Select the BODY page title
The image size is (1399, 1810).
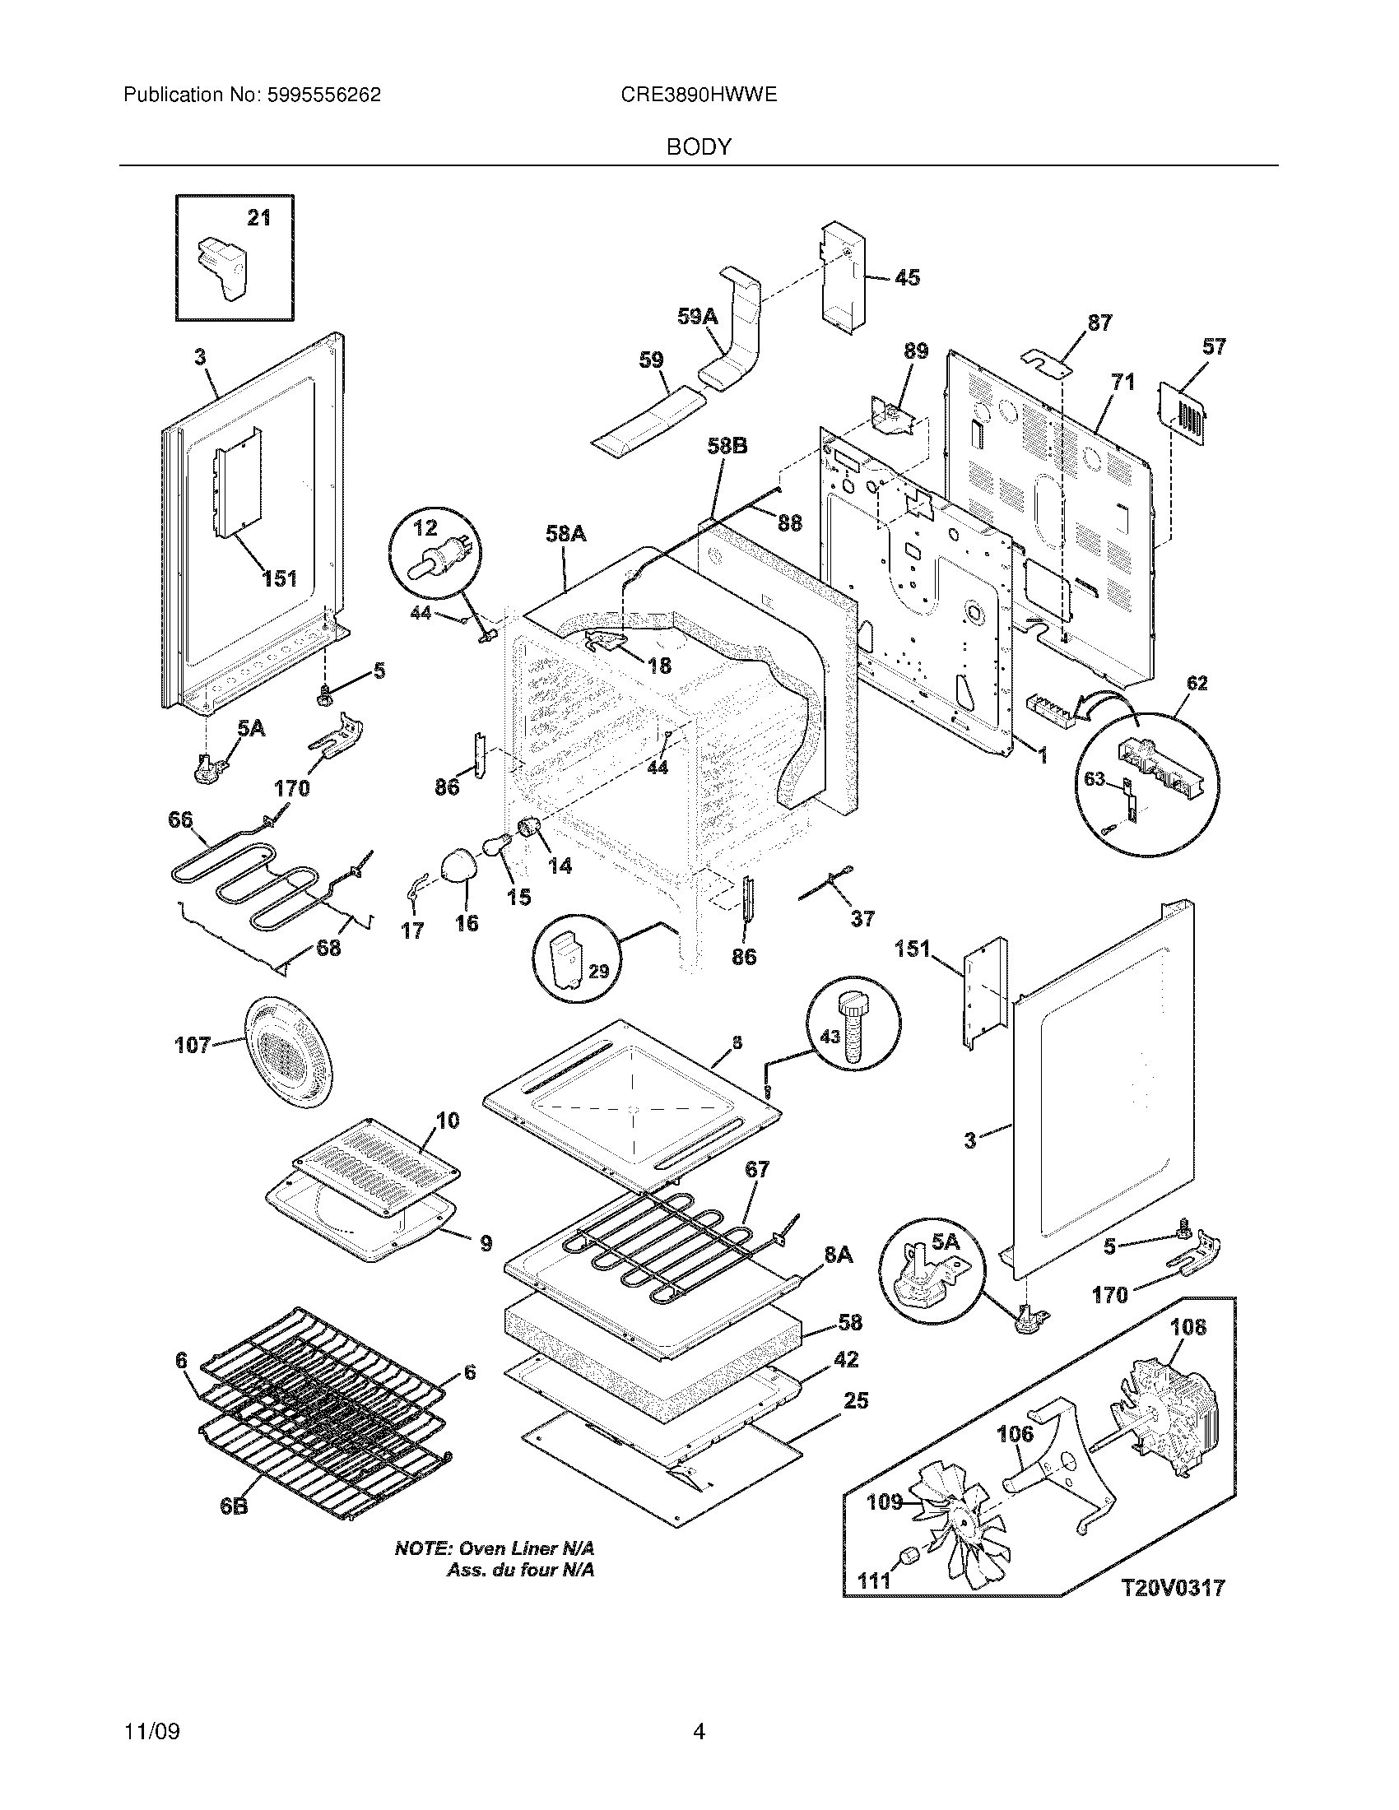pyautogui.click(x=699, y=147)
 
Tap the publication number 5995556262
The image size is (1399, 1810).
pyautogui.click(x=323, y=95)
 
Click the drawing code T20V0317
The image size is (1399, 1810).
pyautogui.click(x=1173, y=1588)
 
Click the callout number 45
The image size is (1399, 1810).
pyautogui.click(x=907, y=277)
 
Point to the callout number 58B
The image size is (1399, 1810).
pyautogui.click(x=727, y=447)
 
